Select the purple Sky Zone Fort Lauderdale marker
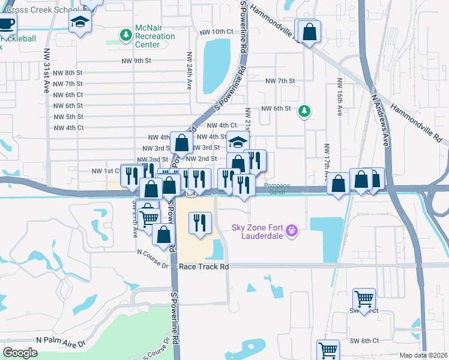pos(292,230)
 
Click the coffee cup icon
pos(6,24)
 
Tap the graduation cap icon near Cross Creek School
pos(79,23)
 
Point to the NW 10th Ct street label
pos(213,31)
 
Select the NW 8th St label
pos(68,73)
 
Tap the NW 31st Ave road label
pos(46,70)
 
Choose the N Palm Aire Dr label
pos(61,340)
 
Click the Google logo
pos(20,353)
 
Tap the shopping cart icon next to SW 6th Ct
pos(328,349)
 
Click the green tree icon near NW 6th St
pos(304,110)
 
